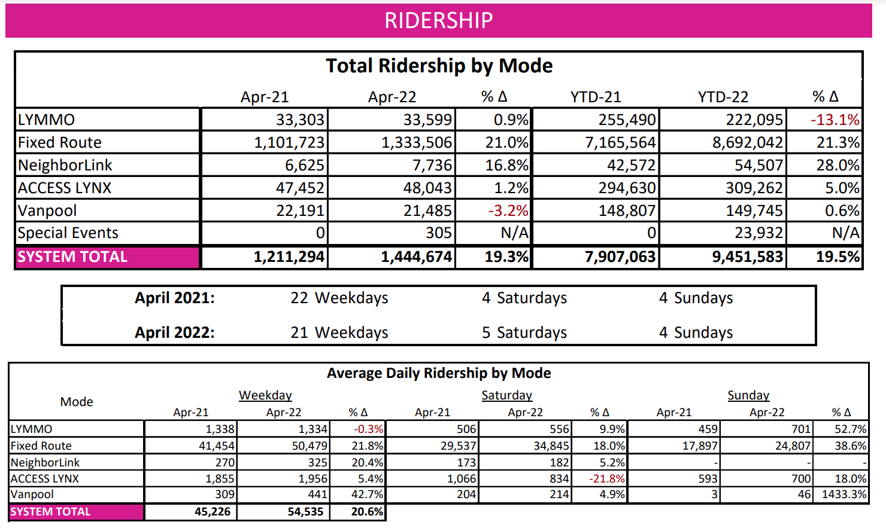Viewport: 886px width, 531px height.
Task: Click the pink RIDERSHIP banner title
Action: point(438,20)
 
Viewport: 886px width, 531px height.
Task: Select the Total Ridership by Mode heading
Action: point(439,66)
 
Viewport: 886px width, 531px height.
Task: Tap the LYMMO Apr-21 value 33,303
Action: point(300,120)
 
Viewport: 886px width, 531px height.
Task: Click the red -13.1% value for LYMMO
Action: point(835,120)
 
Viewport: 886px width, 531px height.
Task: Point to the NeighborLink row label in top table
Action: point(65,165)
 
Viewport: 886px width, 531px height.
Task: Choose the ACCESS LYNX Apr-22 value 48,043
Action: point(427,188)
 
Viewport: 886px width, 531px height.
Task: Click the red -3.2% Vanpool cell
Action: point(508,210)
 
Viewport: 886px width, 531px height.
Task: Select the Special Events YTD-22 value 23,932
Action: point(758,233)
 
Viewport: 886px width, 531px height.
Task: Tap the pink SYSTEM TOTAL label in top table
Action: point(72,257)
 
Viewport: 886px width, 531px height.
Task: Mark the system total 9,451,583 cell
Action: point(747,257)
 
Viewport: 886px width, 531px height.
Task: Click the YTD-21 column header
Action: point(595,97)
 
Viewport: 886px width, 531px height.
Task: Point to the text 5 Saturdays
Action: point(524,332)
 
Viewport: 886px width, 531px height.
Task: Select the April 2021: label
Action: point(174,298)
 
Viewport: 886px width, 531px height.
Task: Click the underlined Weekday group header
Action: point(265,395)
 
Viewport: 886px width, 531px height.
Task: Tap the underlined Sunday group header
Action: point(748,395)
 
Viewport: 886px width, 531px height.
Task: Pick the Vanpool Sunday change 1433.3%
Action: point(844,495)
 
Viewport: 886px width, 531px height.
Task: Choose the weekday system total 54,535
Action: point(305,512)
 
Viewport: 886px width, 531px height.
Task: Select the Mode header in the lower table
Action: point(77,402)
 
